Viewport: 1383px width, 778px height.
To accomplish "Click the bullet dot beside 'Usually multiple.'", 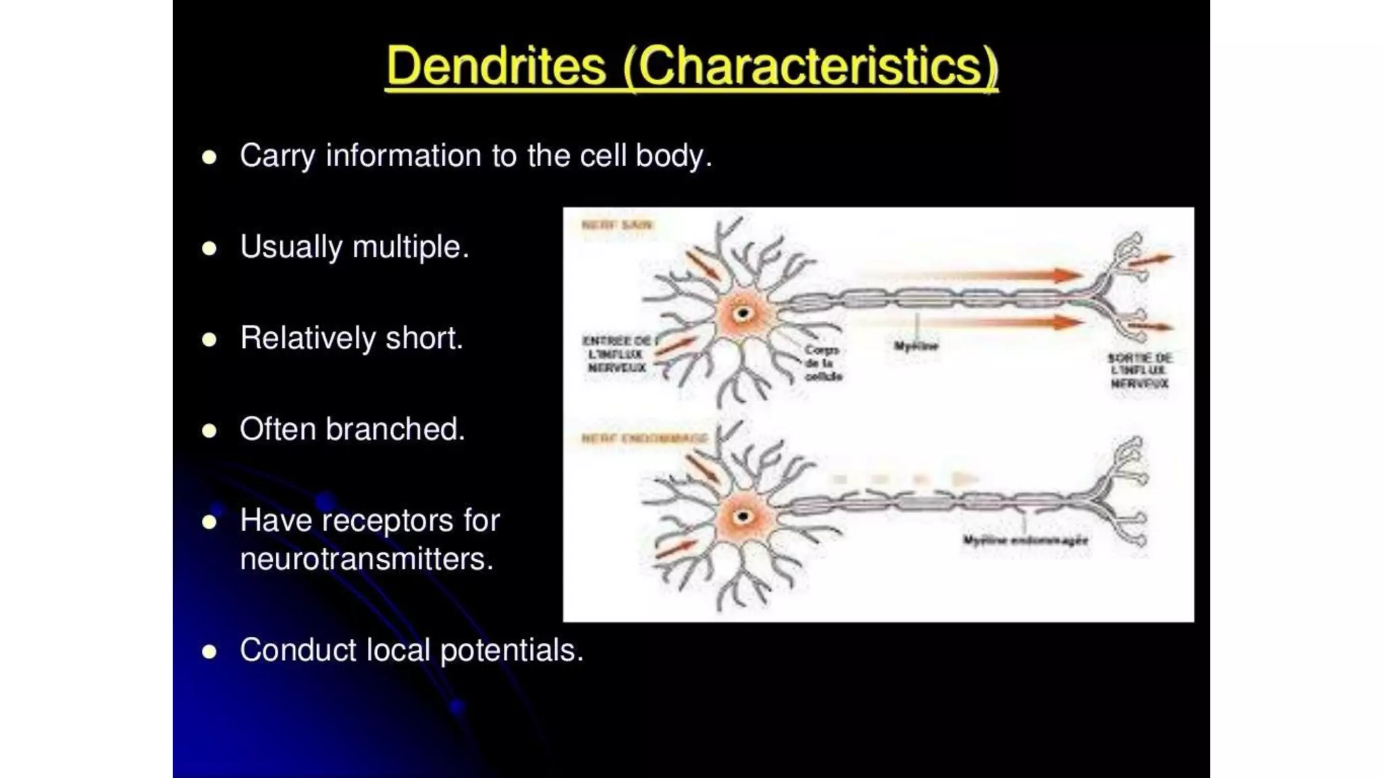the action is tap(209, 248).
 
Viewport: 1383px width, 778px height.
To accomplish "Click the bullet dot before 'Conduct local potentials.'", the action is tap(209, 651).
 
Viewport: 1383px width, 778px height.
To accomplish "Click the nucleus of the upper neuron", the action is tap(743, 313).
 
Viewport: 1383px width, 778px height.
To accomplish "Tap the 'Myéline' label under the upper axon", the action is tap(916, 346).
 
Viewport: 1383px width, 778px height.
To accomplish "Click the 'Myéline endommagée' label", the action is tap(1025, 540).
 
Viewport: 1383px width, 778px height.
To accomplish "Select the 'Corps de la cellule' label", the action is tap(823, 363).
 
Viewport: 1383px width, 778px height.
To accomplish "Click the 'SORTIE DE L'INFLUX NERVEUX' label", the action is tap(1140, 371).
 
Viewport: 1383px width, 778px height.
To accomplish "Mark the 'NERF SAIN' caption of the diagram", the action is tap(617, 225).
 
